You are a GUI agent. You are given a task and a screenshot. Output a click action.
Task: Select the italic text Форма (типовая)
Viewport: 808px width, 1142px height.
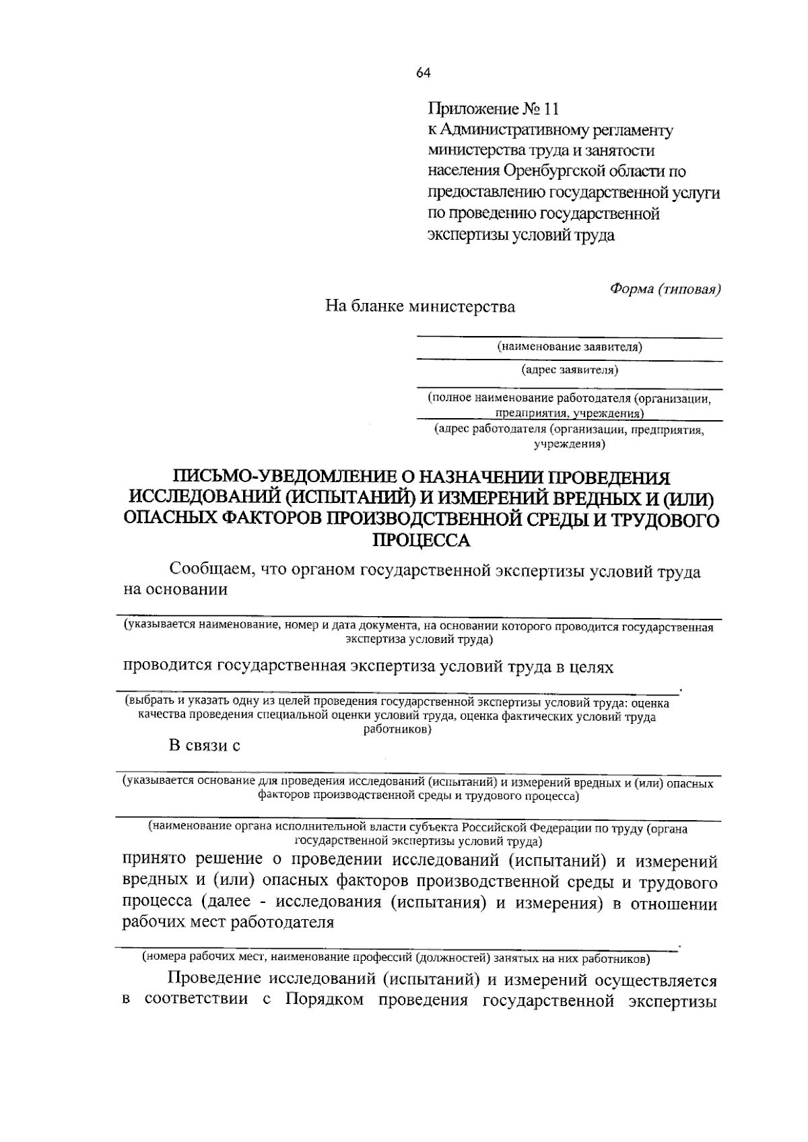pyautogui.click(x=665, y=288)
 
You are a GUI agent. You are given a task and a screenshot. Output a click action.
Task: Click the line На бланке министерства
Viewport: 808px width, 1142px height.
pyautogui.click(x=420, y=307)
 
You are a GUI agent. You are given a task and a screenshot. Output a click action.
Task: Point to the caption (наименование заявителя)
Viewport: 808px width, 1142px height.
pyautogui.click(x=570, y=347)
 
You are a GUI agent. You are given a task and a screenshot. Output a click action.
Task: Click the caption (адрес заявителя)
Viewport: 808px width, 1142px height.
pyautogui.click(x=570, y=370)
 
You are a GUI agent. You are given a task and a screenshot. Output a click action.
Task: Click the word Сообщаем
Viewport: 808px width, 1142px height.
pyautogui.click(x=209, y=572)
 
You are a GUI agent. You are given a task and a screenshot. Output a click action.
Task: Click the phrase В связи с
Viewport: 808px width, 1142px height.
pyautogui.click(x=204, y=746)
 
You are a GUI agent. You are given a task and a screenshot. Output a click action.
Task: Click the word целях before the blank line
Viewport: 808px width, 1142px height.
pyautogui.click(x=590, y=667)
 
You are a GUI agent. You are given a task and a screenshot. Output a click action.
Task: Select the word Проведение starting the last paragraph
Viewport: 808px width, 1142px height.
pyautogui.click(x=213, y=978)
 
